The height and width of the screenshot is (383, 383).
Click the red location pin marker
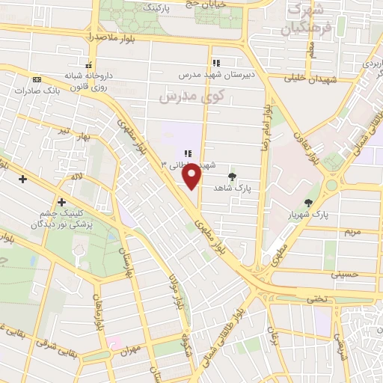(191, 176)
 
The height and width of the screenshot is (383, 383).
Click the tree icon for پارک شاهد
(233, 177)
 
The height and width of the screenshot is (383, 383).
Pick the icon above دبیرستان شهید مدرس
(215, 64)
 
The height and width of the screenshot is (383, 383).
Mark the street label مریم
(351, 231)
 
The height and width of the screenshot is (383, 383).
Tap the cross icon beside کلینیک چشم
(61, 202)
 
